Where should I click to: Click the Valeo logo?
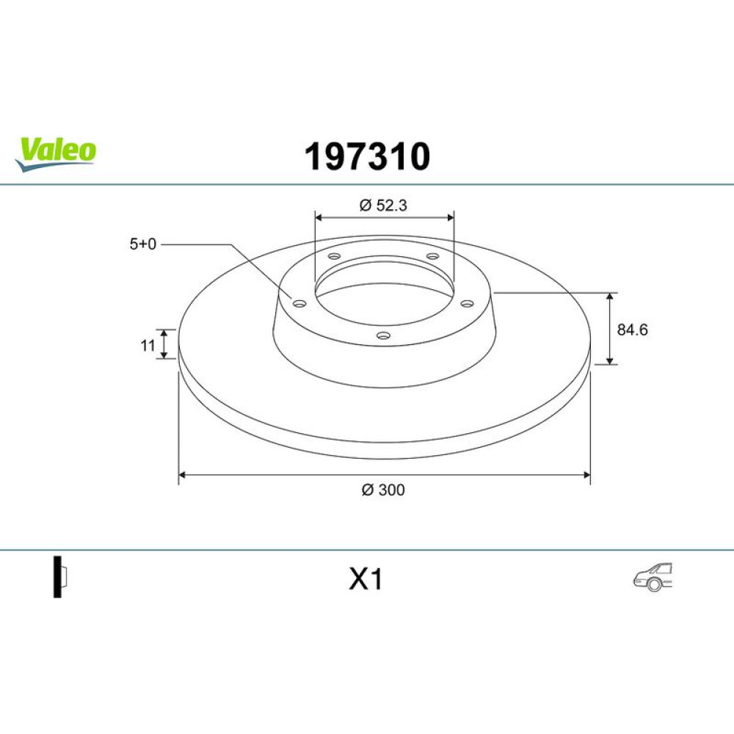[x=55, y=154]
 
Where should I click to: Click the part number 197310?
[x=367, y=156]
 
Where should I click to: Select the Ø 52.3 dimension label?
[x=383, y=205]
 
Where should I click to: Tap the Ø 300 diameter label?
[x=383, y=490]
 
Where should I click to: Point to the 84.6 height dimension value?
[x=632, y=330]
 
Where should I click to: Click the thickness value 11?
[x=148, y=346]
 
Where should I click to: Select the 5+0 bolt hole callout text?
[x=143, y=244]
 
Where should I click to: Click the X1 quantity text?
[x=366, y=579]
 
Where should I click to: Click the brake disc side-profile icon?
[x=60, y=577]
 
